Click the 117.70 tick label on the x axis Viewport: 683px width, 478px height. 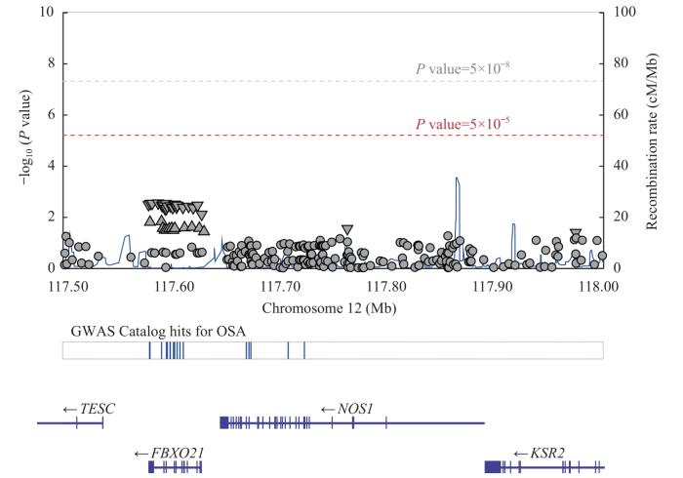tap(279, 288)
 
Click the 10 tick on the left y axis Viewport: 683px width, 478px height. tap(48, 13)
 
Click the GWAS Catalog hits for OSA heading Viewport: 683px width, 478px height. tap(155, 331)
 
